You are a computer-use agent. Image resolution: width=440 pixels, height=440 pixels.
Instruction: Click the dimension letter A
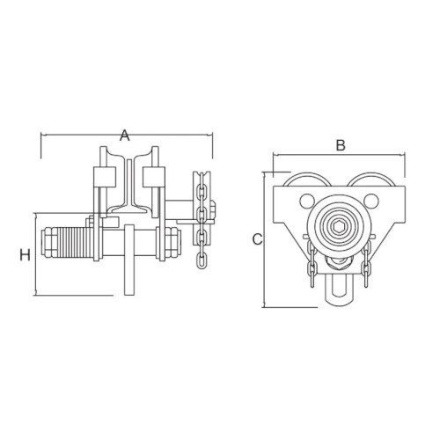pyautogui.click(x=125, y=136)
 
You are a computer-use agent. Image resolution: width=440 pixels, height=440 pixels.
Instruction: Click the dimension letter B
pyautogui.click(x=341, y=145)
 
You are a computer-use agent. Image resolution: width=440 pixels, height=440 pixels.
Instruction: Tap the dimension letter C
pyautogui.click(x=257, y=239)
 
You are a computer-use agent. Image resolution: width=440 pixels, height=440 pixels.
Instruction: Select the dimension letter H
pyautogui.click(x=25, y=254)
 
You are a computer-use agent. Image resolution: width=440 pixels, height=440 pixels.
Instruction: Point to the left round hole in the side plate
pyautogui.click(x=306, y=202)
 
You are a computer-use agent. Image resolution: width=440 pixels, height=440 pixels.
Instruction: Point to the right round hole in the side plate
pyautogui.click(x=370, y=202)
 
